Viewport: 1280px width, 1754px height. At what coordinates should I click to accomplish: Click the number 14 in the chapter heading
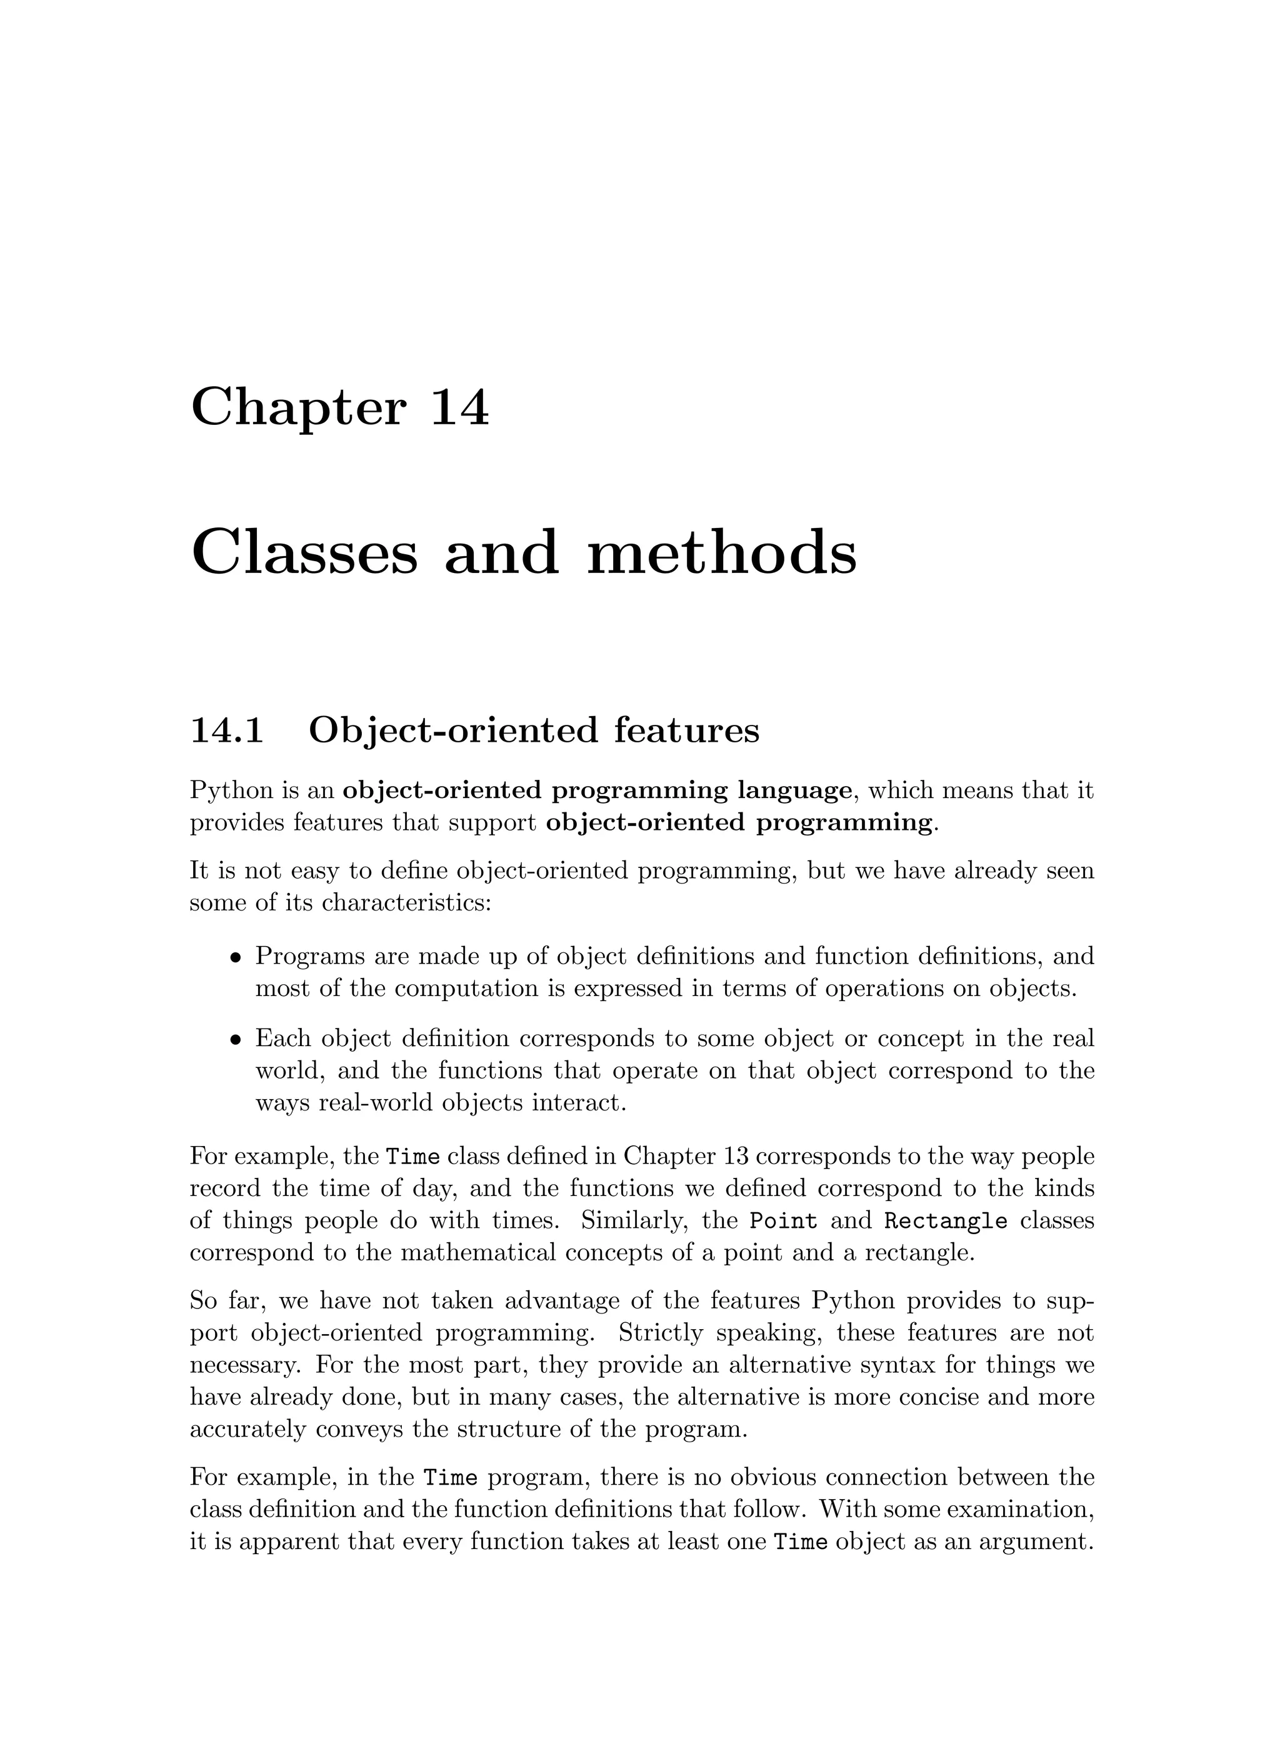tap(459, 407)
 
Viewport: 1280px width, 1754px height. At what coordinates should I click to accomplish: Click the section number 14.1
tap(227, 730)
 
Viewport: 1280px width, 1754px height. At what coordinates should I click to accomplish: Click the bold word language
tap(794, 790)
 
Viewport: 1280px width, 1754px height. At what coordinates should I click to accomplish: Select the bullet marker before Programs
tap(236, 957)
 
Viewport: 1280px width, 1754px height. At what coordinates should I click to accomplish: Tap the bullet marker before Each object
tap(236, 1039)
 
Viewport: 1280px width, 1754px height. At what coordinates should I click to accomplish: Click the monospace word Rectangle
tap(946, 1222)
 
